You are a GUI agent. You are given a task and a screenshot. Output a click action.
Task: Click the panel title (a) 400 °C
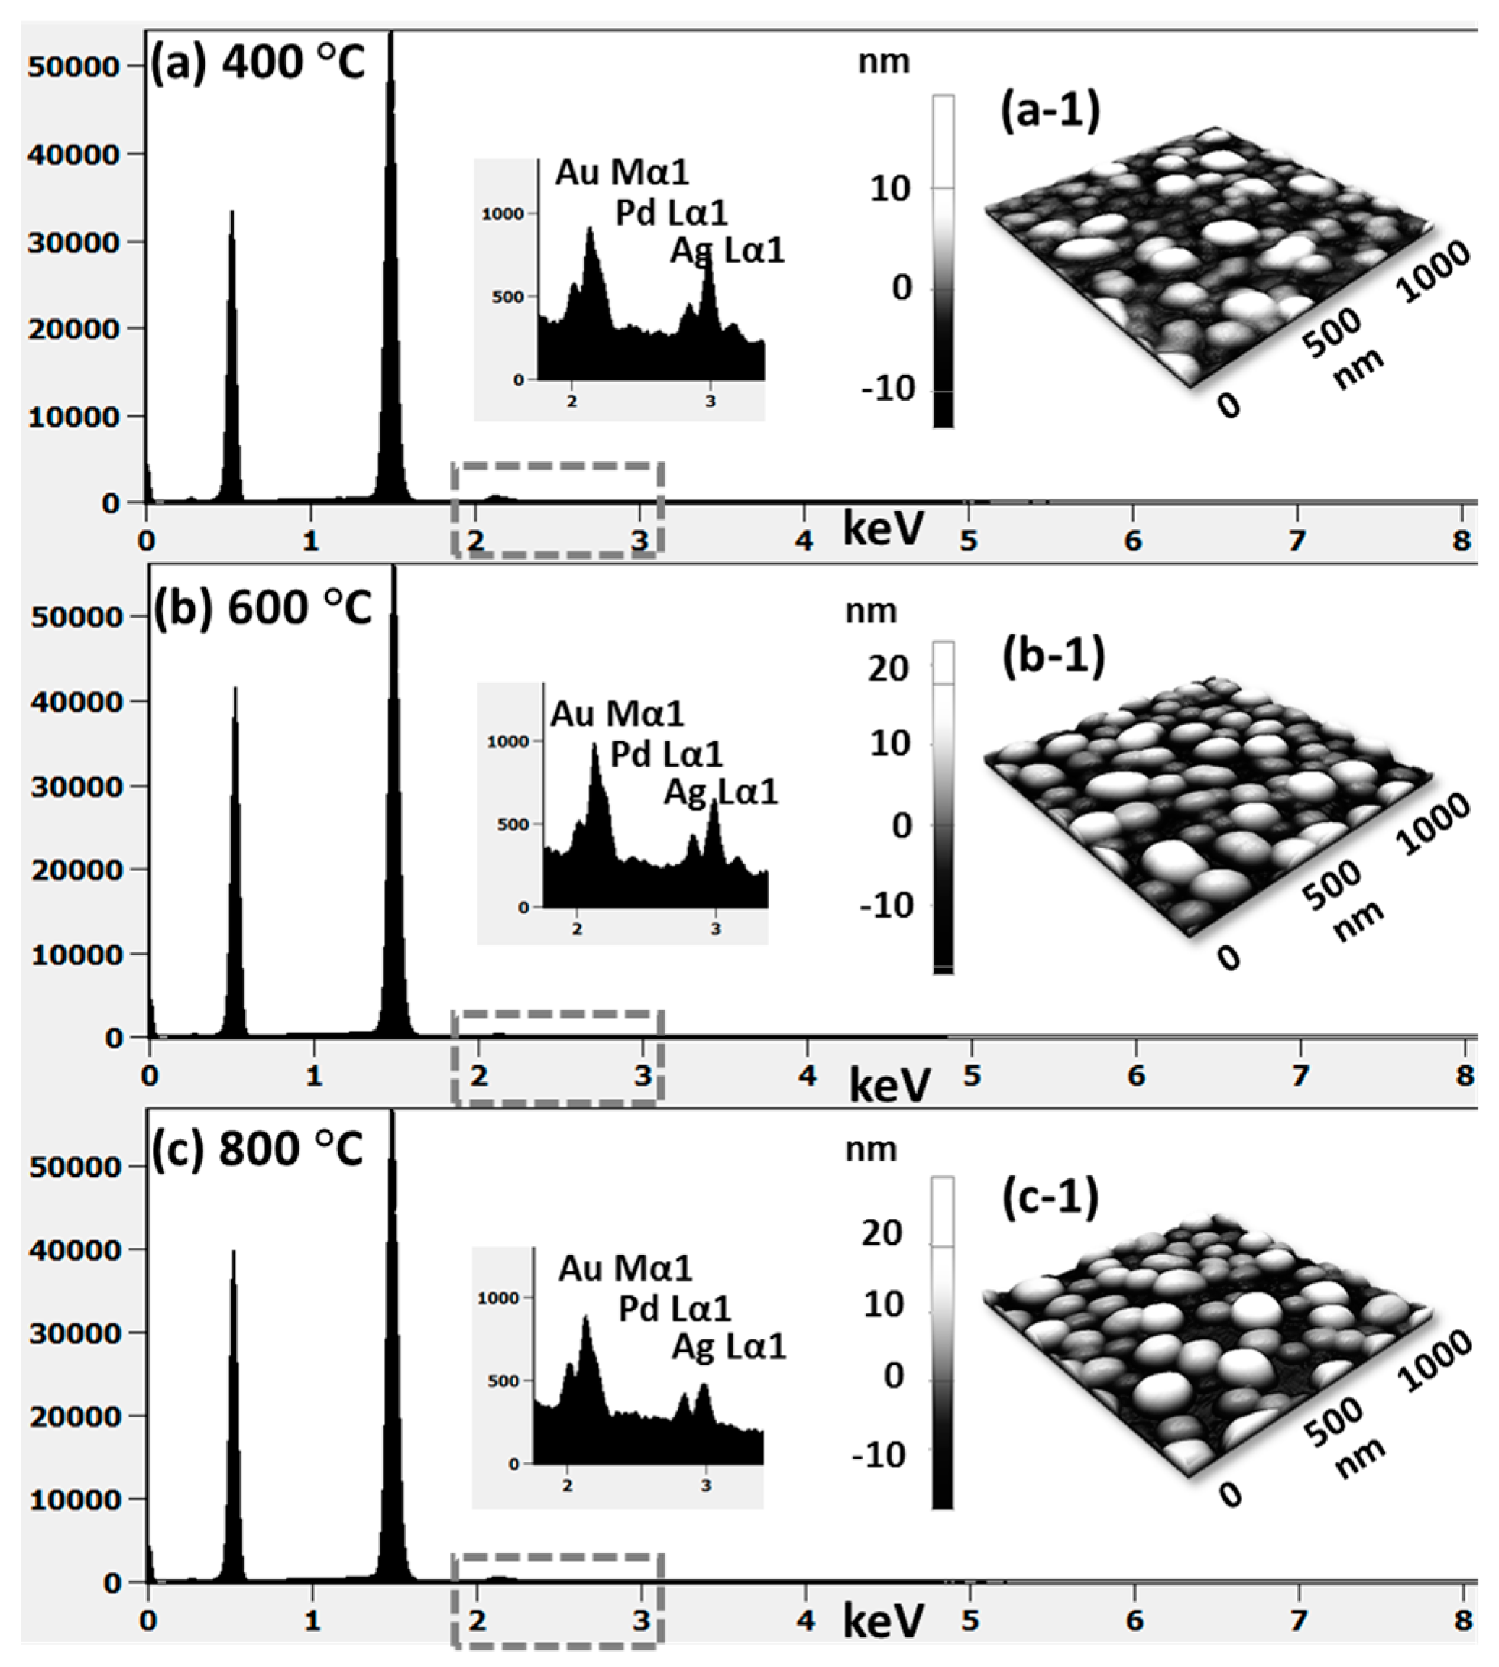pyautogui.click(x=256, y=63)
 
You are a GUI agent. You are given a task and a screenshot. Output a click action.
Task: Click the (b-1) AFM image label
pyautogui.click(x=1054, y=657)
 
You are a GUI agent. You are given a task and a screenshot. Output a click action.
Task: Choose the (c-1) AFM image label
pyautogui.click(x=1050, y=1198)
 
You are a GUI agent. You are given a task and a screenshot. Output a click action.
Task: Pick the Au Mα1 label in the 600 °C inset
pyautogui.click(x=618, y=714)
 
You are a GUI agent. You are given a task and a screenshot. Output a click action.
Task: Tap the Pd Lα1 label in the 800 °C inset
pyautogui.click(x=675, y=1309)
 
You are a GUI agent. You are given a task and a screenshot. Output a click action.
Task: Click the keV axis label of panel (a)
pyautogui.click(x=883, y=529)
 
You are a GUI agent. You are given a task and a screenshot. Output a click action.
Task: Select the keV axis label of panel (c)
pyautogui.click(x=883, y=1621)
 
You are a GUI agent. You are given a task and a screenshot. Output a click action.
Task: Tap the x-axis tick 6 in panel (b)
pyautogui.click(x=1137, y=1075)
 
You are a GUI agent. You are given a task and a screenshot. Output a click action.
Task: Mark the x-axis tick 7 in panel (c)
pyautogui.click(x=1299, y=1621)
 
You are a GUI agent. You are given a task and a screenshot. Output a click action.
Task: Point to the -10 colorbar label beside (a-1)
pyautogui.click(x=888, y=389)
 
